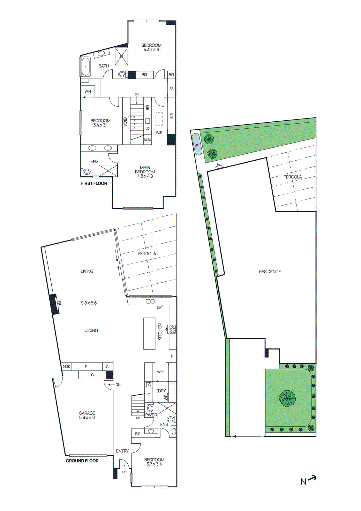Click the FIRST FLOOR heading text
click(x=94, y=183)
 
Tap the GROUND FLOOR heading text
click(x=82, y=461)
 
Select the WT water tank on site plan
click(x=197, y=145)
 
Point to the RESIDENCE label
click(x=270, y=271)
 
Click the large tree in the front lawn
click(x=287, y=398)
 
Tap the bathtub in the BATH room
click(x=86, y=66)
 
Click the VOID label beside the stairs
click(x=125, y=122)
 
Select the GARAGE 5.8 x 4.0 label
click(x=87, y=415)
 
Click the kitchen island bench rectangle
click(x=149, y=333)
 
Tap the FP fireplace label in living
click(x=59, y=303)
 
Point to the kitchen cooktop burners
click(x=173, y=329)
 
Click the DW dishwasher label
click(x=159, y=308)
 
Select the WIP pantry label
click(x=160, y=372)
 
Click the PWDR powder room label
click(x=151, y=415)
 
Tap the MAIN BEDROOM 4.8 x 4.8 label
click(x=145, y=172)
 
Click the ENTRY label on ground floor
click(x=122, y=451)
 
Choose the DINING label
click(x=91, y=330)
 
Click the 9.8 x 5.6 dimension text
click(x=89, y=303)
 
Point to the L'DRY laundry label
click(x=161, y=391)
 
